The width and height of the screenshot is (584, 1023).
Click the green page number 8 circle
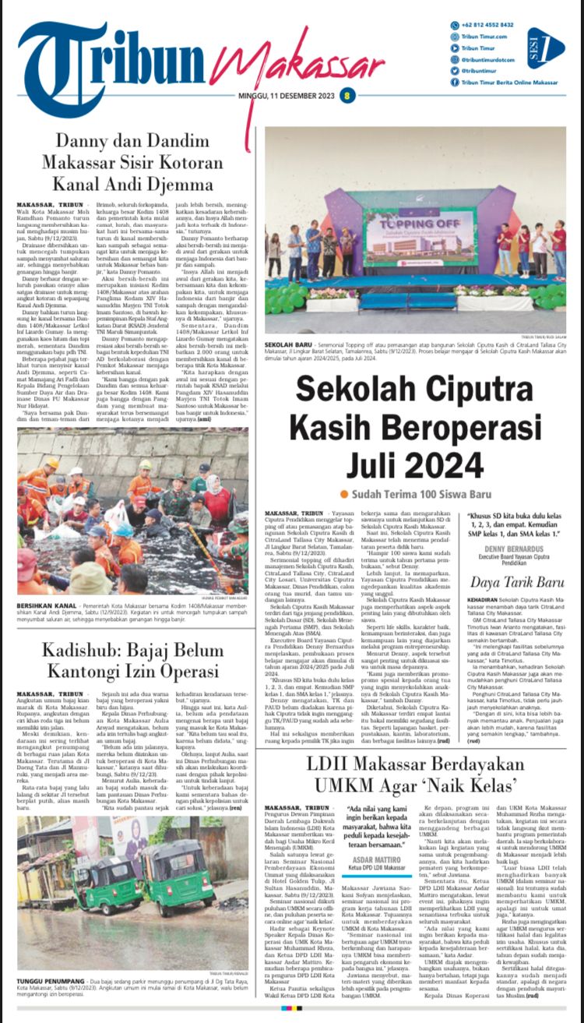(347, 96)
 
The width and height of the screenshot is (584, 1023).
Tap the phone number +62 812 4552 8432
(487, 25)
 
